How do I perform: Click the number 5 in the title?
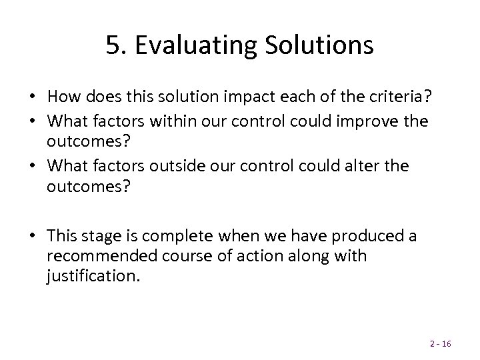113,45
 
